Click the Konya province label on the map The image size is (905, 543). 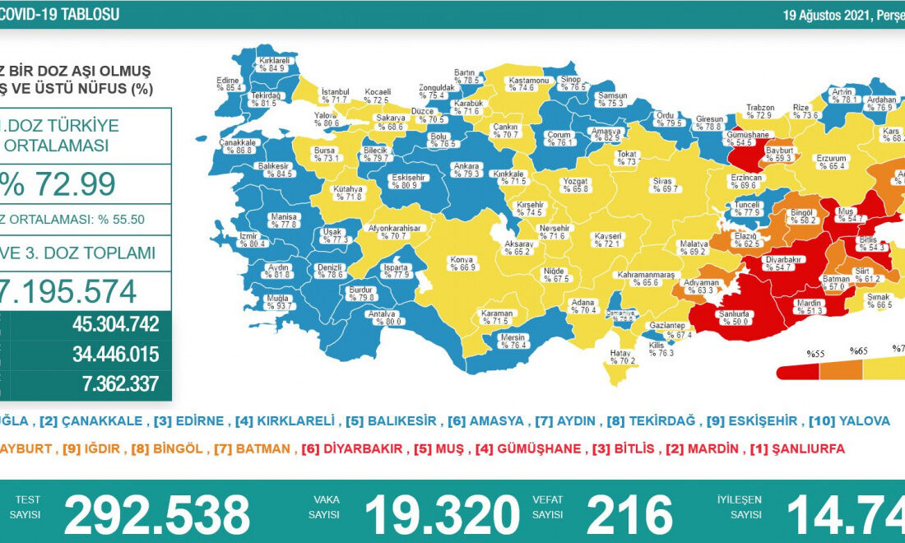coord(461,263)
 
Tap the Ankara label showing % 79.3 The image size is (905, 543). coord(466,169)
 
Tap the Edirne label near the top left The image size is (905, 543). coord(228,83)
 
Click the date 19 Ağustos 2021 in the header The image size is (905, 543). coord(831,15)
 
